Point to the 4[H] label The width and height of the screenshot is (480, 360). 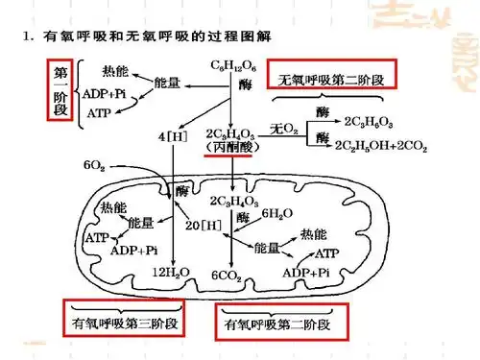click(172, 136)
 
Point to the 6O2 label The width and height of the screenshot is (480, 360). click(94, 165)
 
